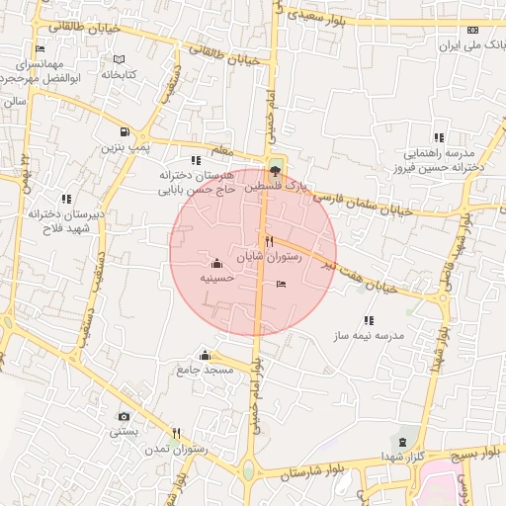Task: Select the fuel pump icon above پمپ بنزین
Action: click(124, 131)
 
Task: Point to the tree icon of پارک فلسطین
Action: click(274, 171)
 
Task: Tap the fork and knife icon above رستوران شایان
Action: click(269, 241)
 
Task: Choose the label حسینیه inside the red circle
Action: click(216, 279)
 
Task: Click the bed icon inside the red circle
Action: click(282, 285)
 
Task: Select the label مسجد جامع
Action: click(205, 370)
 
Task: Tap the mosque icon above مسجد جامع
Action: click(205, 355)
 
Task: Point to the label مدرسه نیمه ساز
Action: click(370, 336)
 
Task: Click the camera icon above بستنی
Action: click(124, 416)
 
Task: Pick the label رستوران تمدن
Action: click(176, 449)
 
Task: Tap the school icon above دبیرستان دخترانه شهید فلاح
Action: click(66, 199)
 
